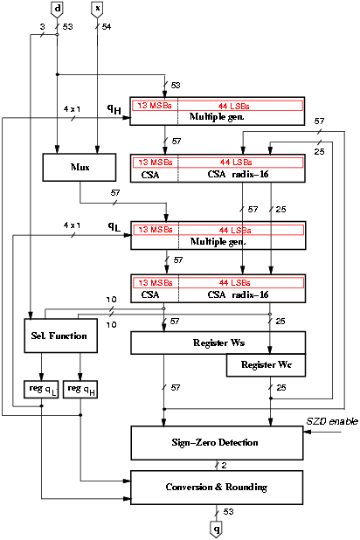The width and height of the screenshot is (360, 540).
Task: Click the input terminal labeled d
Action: pos(57,9)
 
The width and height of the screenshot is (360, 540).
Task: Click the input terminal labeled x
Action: pos(98,9)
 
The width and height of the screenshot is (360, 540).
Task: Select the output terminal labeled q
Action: pos(216,529)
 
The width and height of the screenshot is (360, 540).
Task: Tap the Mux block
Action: pos(80,168)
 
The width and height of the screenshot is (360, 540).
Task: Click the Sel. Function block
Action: pos(60,336)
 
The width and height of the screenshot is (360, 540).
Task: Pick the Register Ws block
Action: pos(218,343)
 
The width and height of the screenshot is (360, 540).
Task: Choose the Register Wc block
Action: pos(266,365)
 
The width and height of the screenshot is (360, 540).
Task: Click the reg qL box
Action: pos(41,390)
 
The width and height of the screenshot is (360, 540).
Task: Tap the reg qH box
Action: pos(80,390)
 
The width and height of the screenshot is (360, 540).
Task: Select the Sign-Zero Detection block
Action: pos(217,443)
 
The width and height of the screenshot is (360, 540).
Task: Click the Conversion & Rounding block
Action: pos(217,488)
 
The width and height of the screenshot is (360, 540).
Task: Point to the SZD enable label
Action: pos(332,421)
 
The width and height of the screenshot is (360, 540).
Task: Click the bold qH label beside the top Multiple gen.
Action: pos(114,109)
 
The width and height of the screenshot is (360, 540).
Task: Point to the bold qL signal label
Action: pos(114,226)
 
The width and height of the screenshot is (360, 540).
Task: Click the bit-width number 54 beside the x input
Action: pos(107,26)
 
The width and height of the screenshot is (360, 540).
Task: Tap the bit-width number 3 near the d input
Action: pos(42,26)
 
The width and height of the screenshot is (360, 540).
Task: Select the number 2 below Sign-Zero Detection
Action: pos(224,465)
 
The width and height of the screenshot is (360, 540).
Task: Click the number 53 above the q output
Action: pos(228,512)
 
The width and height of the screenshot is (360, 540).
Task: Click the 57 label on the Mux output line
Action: pos(115,193)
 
